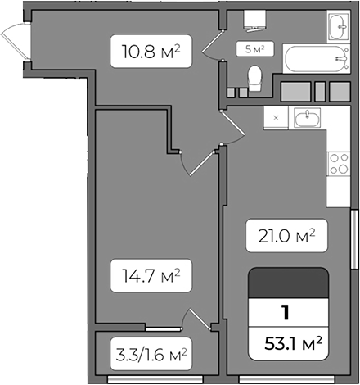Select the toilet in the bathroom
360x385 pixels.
coord(254,78)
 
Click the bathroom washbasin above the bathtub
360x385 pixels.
coord(336,27)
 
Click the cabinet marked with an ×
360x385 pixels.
coord(276,118)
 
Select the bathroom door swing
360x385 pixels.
coord(214,46)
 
